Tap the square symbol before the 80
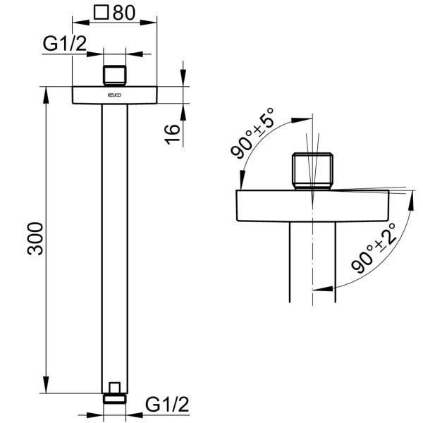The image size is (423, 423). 102,12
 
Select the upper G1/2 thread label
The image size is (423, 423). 65,44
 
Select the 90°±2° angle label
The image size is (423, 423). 374,246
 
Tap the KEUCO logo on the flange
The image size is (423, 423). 114,93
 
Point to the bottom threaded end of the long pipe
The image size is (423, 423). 114,391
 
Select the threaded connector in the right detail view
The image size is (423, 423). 311,172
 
